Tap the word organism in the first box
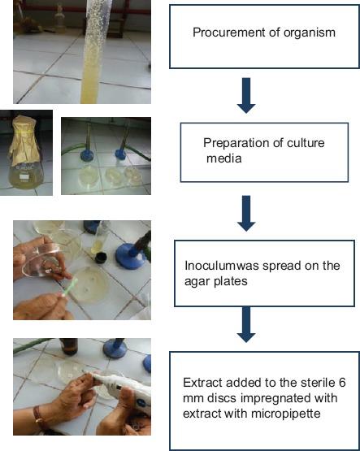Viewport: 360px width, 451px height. point(310,33)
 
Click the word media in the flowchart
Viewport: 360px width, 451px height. point(224,158)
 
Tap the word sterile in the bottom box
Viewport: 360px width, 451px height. point(315,383)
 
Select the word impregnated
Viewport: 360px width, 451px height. point(272,399)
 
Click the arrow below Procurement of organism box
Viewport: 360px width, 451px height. point(246,95)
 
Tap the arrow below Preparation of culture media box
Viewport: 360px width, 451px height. point(246,213)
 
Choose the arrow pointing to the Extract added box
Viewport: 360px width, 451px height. point(246,324)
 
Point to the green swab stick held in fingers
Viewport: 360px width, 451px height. point(69,287)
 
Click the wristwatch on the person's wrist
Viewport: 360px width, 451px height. point(37,416)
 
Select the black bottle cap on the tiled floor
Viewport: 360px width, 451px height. point(102,258)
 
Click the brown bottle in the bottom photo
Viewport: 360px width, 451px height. point(69,346)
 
